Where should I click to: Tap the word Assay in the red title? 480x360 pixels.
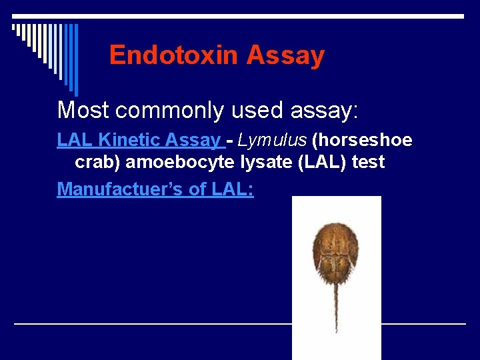(285, 55)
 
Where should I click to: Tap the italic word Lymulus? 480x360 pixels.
(270, 141)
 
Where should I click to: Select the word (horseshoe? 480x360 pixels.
(362, 141)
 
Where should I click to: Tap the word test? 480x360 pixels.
(367, 162)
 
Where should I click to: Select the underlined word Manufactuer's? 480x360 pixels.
(121, 189)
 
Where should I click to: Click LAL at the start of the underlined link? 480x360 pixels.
(73, 141)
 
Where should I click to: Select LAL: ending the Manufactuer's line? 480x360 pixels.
(233, 189)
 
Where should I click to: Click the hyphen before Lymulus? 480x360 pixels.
(229, 141)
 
